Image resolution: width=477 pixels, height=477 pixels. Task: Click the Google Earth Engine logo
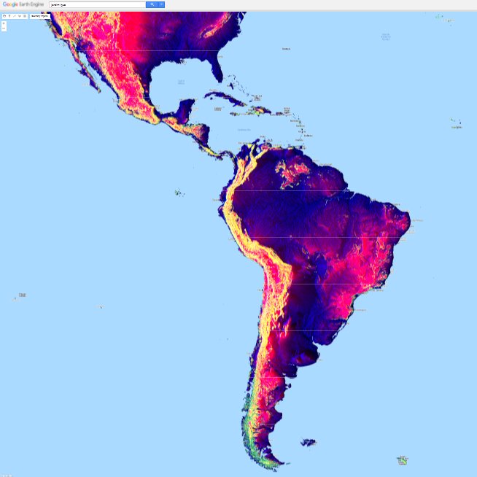(x=23, y=4)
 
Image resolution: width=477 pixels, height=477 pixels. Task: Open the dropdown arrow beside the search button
(x=161, y=4)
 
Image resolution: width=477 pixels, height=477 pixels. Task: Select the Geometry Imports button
(x=39, y=15)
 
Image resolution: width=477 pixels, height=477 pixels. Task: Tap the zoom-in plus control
(x=4, y=23)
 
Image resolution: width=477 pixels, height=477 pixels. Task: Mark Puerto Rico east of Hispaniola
(x=279, y=114)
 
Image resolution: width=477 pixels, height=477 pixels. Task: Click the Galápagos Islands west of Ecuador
(x=177, y=193)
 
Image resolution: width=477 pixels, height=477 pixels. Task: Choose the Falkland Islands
(x=309, y=442)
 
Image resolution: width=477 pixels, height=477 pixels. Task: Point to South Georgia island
(x=402, y=460)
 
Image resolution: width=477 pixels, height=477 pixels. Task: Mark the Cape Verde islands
(x=457, y=124)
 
